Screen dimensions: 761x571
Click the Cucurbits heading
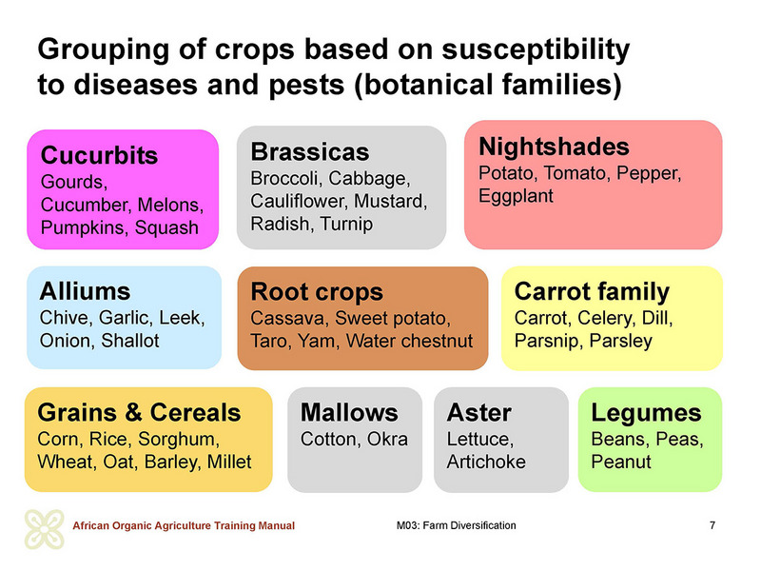pyautogui.click(x=100, y=155)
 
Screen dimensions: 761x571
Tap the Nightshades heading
pyautogui.click(x=554, y=148)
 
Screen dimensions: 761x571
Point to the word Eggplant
pyautogui.click(x=516, y=196)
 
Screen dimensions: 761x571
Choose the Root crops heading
pyautogui.click(x=317, y=292)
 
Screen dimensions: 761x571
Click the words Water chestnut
pyautogui.click(x=410, y=341)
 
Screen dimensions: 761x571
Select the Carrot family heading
pyautogui.click(x=592, y=292)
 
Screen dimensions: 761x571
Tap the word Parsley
pyautogui.click(x=621, y=342)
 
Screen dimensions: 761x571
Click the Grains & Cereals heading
pyautogui.click(x=139, y=413)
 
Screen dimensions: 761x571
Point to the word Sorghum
pyautogui.click(x=179, y=440)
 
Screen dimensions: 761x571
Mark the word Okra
pyautogui.click(x=387, y=439)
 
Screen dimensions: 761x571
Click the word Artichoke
pyautogui.click(x=486, y=462)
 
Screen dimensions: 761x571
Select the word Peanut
pyautogui.click(x=621, y=462)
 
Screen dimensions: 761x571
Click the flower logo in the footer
pyautogui.click(x=45, y=529)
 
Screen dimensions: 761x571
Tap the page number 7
pyautogui.click(x=712, y=525)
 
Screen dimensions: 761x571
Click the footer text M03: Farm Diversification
pyautogui.click(x=457, y=525)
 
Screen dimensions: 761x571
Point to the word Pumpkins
pyautogui.click(x=85, y=227)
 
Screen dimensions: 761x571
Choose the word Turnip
pyautogui.click(x=346, y=224)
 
